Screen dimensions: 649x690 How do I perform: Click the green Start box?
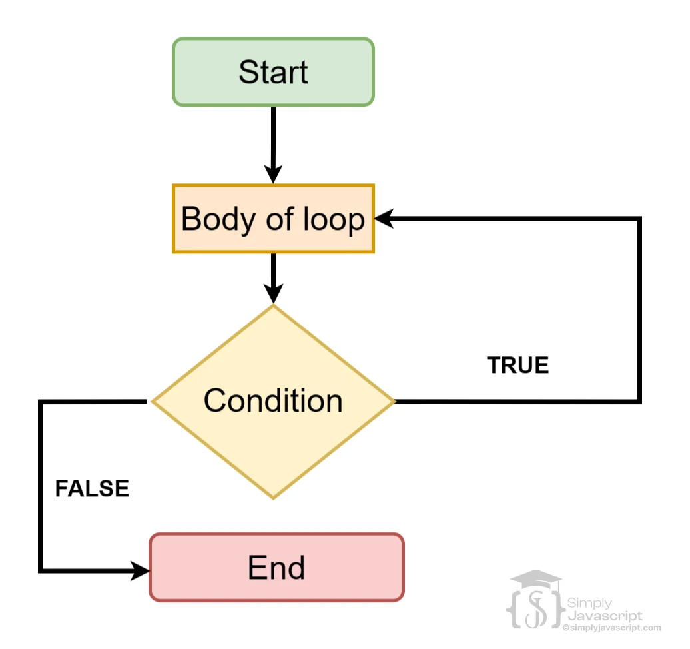tap(273, 72)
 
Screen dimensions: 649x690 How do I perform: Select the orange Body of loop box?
tap(273, 219)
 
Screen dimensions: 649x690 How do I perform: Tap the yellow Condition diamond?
tap(273, 401)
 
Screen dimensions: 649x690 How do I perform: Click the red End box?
tap(276, 568)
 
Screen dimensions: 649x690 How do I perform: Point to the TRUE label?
tap(517, 365)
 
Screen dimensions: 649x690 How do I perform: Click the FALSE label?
tap(91, 488)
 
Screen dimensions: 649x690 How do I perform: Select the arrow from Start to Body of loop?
tap(273, 143)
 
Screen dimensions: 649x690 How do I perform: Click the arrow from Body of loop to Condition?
tap(273, 277)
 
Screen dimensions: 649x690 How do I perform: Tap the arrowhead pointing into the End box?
tap(140, 570)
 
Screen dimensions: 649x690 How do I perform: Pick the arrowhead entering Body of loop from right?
tap(385, 219)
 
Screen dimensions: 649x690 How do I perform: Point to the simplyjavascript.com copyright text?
tap(611, 628)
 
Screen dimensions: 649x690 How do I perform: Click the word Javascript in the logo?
tap(605, 616)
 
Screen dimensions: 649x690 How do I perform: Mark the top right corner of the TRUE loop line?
tap(639, 219)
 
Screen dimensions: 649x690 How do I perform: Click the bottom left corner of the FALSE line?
tap(41, 570)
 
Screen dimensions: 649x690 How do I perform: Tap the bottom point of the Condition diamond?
tap(273, 497)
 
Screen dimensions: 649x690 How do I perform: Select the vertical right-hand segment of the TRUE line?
tap(639, 310)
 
